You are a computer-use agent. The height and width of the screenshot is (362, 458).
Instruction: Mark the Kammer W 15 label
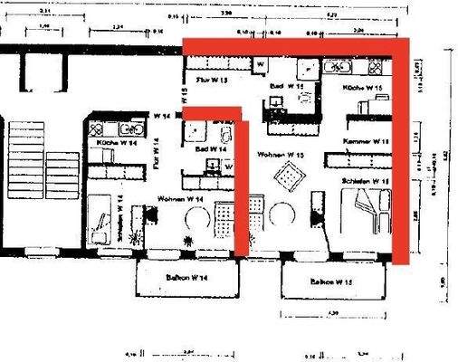366,143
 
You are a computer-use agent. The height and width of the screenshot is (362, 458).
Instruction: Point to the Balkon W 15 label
331,282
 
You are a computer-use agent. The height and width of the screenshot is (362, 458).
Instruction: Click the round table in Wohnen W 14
194,217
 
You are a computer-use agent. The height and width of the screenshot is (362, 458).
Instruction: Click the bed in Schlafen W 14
104,219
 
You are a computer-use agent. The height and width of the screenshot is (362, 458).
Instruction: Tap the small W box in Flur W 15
260,65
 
